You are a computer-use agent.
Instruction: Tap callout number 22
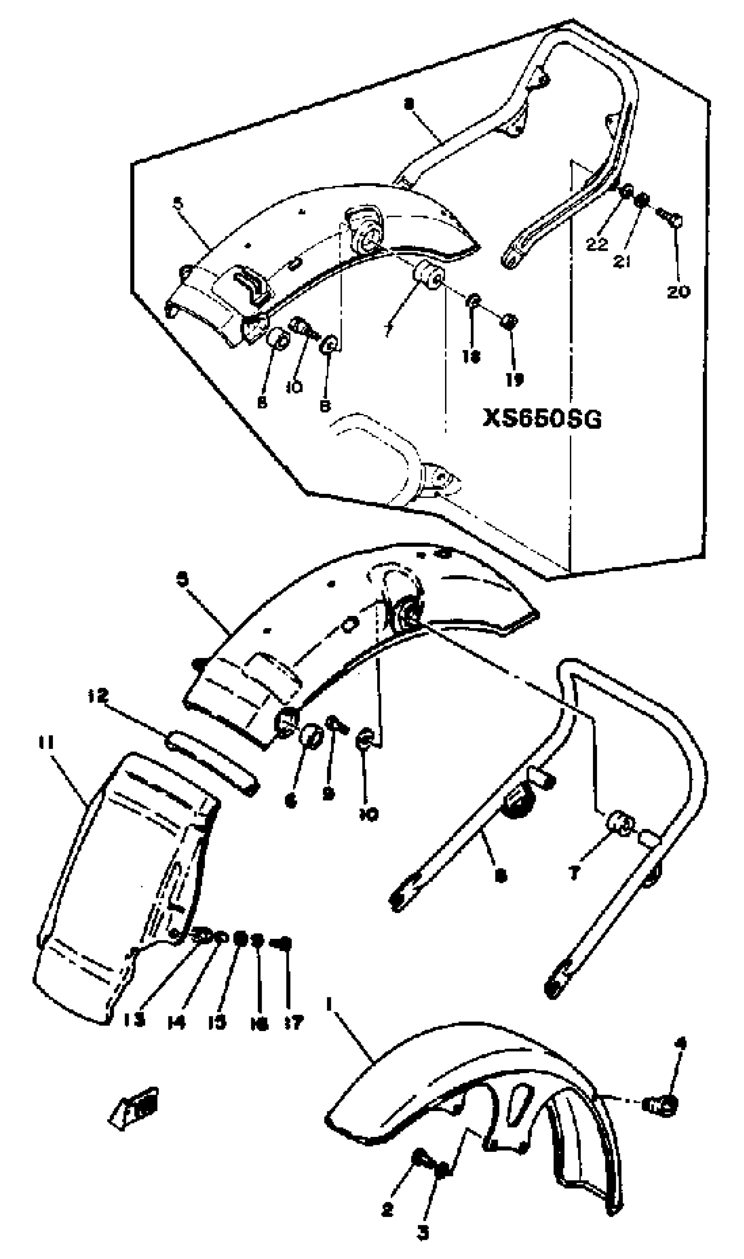coord(597,244)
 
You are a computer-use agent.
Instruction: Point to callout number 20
coord(678,292)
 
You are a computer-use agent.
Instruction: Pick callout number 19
coord(514,379)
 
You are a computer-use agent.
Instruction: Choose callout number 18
coord(471,356)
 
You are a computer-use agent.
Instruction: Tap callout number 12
coord(98,696)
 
